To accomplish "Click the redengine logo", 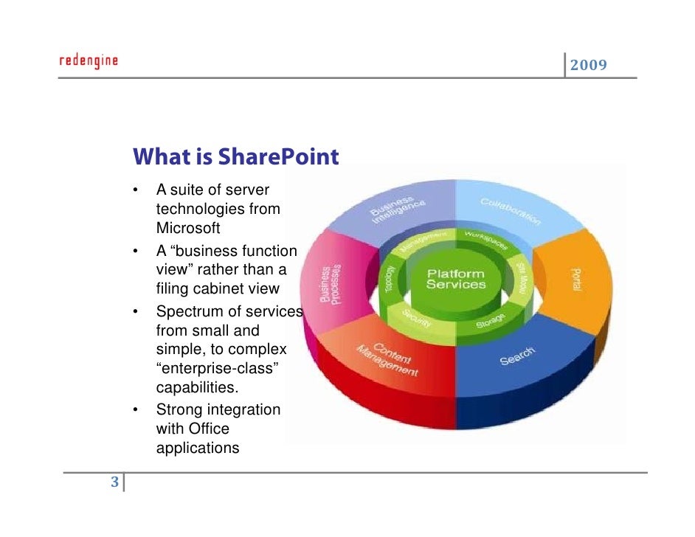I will (x=88, y=60).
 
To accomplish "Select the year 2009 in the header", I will (x=588, y=66).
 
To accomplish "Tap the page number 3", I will (x=114, y=483).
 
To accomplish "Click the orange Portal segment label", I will (x=576, y=279).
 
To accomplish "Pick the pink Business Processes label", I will (x=331, y=284).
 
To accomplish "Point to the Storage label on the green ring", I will (x=490, y=320).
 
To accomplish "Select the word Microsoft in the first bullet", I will (x=188, y=228).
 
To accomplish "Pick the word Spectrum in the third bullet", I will (x=186, y=311).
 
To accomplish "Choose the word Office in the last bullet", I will (x=209, y=429).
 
